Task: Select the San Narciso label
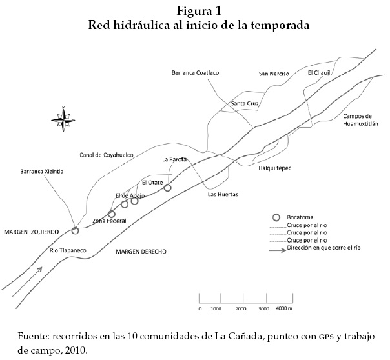[x=273, y=74]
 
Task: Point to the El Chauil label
[x=319, y=73]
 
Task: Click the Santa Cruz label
[x=245, y=103]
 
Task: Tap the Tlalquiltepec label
[x=275, y=168]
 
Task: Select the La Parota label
[x=174, y=159]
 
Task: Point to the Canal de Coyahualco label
[x=107, y=155]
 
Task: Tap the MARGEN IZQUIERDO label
[x=30, y=230]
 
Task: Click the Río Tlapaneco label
[x=68, y=250]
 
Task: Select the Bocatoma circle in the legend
[x=276, y=217]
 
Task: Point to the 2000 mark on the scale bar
[x=241, y=309]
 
